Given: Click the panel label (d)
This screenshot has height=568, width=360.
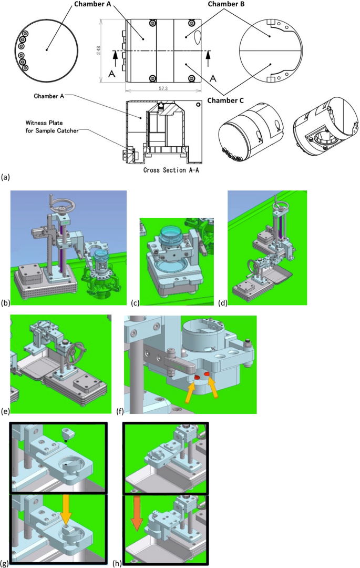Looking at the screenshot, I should [x=225, y=304].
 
